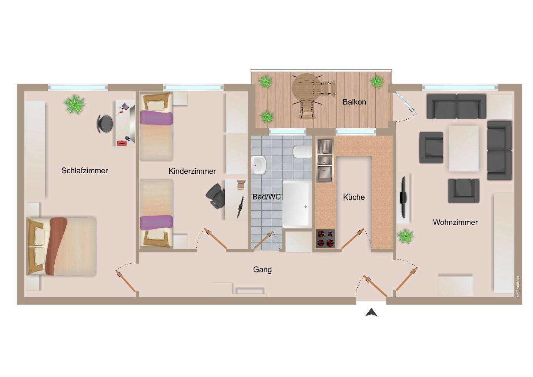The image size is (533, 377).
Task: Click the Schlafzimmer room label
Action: (x=85, y=171)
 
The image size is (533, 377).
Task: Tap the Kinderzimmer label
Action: (x=192, y=171)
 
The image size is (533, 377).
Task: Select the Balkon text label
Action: (x=354, y=102)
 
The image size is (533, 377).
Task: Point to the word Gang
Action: (x=262, y=270)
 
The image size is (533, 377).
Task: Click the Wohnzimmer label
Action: (x=455, y=222)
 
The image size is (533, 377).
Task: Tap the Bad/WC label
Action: (x=266, y=197)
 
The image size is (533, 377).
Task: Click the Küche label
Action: (x=354, y=197)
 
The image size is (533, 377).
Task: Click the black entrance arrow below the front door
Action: (x=371, y=312)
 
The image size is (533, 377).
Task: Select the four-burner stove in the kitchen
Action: (x=325, y=238)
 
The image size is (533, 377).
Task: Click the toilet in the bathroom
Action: (x=302, y=151)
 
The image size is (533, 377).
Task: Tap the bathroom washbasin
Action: (x=258, y=165)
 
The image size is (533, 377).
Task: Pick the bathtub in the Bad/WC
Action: (x=297, y=204)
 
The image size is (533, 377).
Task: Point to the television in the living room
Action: (x=403, y=197)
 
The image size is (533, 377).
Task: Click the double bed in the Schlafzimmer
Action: (x=61, y=246)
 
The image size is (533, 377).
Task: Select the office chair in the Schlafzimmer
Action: (x=105, y=124)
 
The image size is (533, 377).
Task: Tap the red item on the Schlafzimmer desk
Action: (x=122, y=143)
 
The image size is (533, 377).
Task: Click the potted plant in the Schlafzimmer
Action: (x=74, y=104)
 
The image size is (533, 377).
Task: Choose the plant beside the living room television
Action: (x=405, y=236)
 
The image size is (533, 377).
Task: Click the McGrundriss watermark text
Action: (x=518, y=287)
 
